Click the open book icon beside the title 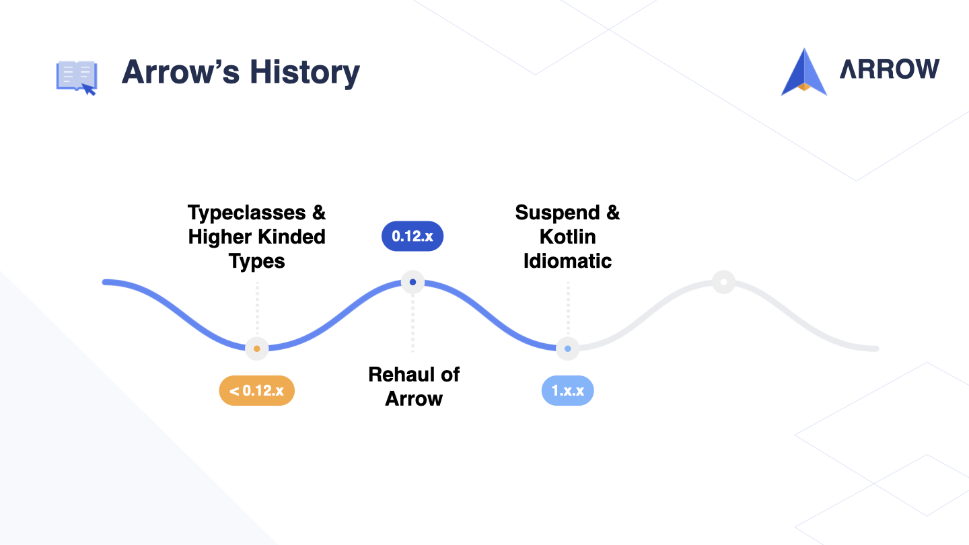pyautogui.click(x=77, y=77)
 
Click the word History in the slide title pyautogui.click(x=305, y=73)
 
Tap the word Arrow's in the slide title pyautogui.click(x=181, y=72)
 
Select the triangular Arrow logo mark pyautogui.click(x=803, y=72)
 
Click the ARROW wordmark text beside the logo pyautogui.click(x=890, y=69)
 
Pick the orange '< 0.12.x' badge pyautogui.click(x=256, y=390)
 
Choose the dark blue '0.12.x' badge pyautogui.click(x=412, y=236)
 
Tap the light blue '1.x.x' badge pyautogui.click(x=567, y=390)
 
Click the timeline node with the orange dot pyautogui.click(x=256, y=349)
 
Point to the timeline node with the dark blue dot pyautogui.click(x=412, y=282)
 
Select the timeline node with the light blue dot pyautogui.click(x=567, y=349)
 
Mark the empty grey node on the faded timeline pyautogui.click(x=724, y=282)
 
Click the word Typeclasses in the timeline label pyautogui.click(x=246, y=213)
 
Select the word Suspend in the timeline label pyautogui.click(x=557, y=213)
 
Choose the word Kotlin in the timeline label pyautogui.click(x=567, y=237)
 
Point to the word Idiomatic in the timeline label pyautogui.click(x=567, y=261)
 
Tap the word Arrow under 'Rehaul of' pyautogui.click(x=414, y=399)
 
